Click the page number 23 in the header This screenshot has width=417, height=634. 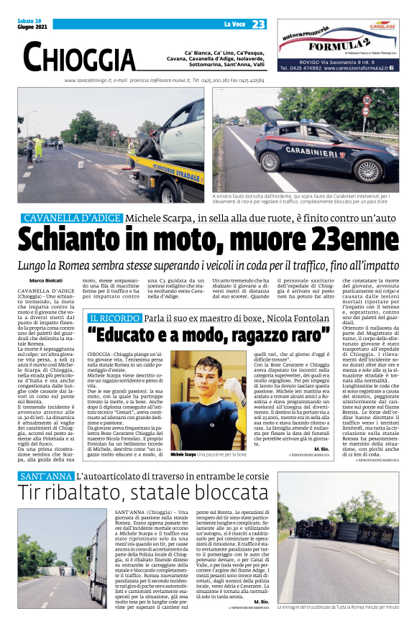tap(259, 24)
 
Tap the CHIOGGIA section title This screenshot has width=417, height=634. tap(79, 56)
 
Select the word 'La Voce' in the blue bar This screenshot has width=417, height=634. tap(234, 24)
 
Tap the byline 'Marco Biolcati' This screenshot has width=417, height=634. tap(45, 280)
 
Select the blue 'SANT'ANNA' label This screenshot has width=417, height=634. tap(45, 477)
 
